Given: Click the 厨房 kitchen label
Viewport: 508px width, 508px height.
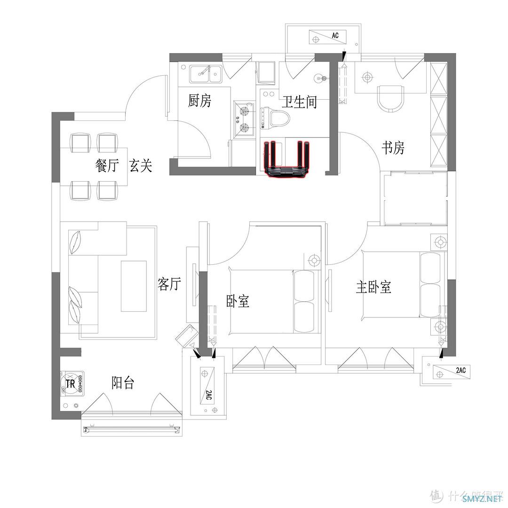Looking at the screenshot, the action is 199,101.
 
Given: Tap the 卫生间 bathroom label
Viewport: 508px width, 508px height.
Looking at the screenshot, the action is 299,102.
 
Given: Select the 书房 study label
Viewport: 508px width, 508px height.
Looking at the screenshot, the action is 393,148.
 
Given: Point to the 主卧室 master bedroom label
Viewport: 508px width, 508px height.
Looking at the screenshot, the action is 373,287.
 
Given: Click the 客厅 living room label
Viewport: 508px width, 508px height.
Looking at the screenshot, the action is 169,284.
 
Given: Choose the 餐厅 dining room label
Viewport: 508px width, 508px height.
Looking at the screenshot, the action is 107,165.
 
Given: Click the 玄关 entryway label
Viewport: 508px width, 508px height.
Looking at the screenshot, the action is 141,165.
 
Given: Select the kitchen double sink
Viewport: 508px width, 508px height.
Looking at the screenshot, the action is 206,73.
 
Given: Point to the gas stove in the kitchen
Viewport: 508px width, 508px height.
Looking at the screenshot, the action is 244,119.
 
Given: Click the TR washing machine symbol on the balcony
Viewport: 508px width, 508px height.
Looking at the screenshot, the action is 72,384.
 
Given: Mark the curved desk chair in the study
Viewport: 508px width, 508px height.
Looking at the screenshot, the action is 391,99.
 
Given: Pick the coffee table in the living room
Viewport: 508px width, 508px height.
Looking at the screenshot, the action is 134,286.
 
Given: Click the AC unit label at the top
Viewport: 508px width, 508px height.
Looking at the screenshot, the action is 335,35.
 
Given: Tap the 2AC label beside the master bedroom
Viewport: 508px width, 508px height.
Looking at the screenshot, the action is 460,370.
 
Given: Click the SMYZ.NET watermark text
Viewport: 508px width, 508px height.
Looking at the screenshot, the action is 482,498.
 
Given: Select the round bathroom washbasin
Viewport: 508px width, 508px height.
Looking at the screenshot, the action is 319,78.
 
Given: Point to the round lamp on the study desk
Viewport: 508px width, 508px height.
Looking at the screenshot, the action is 367,78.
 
